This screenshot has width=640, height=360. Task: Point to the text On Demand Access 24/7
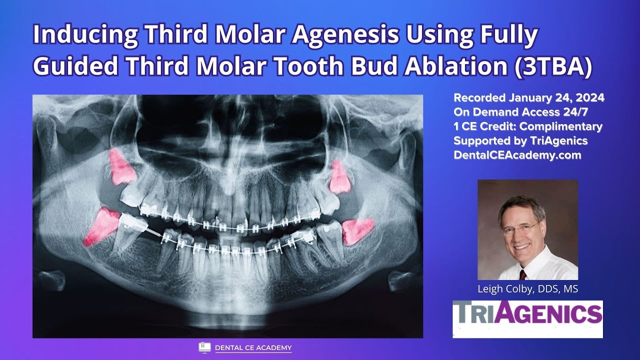click(520, 112)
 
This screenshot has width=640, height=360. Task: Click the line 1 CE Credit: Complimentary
click(527, 126)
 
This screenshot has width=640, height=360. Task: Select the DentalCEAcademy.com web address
click(517, 155)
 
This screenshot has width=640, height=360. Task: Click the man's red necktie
click(522, 274)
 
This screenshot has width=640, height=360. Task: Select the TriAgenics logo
click(527, 315)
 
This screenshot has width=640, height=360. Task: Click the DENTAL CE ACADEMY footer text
click(253, 347)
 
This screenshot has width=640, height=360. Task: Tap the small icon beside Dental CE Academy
click(204, 347)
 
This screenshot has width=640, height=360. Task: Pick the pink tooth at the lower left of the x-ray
click(101, 226)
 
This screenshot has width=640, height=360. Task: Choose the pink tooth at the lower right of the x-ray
click(358, 230)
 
